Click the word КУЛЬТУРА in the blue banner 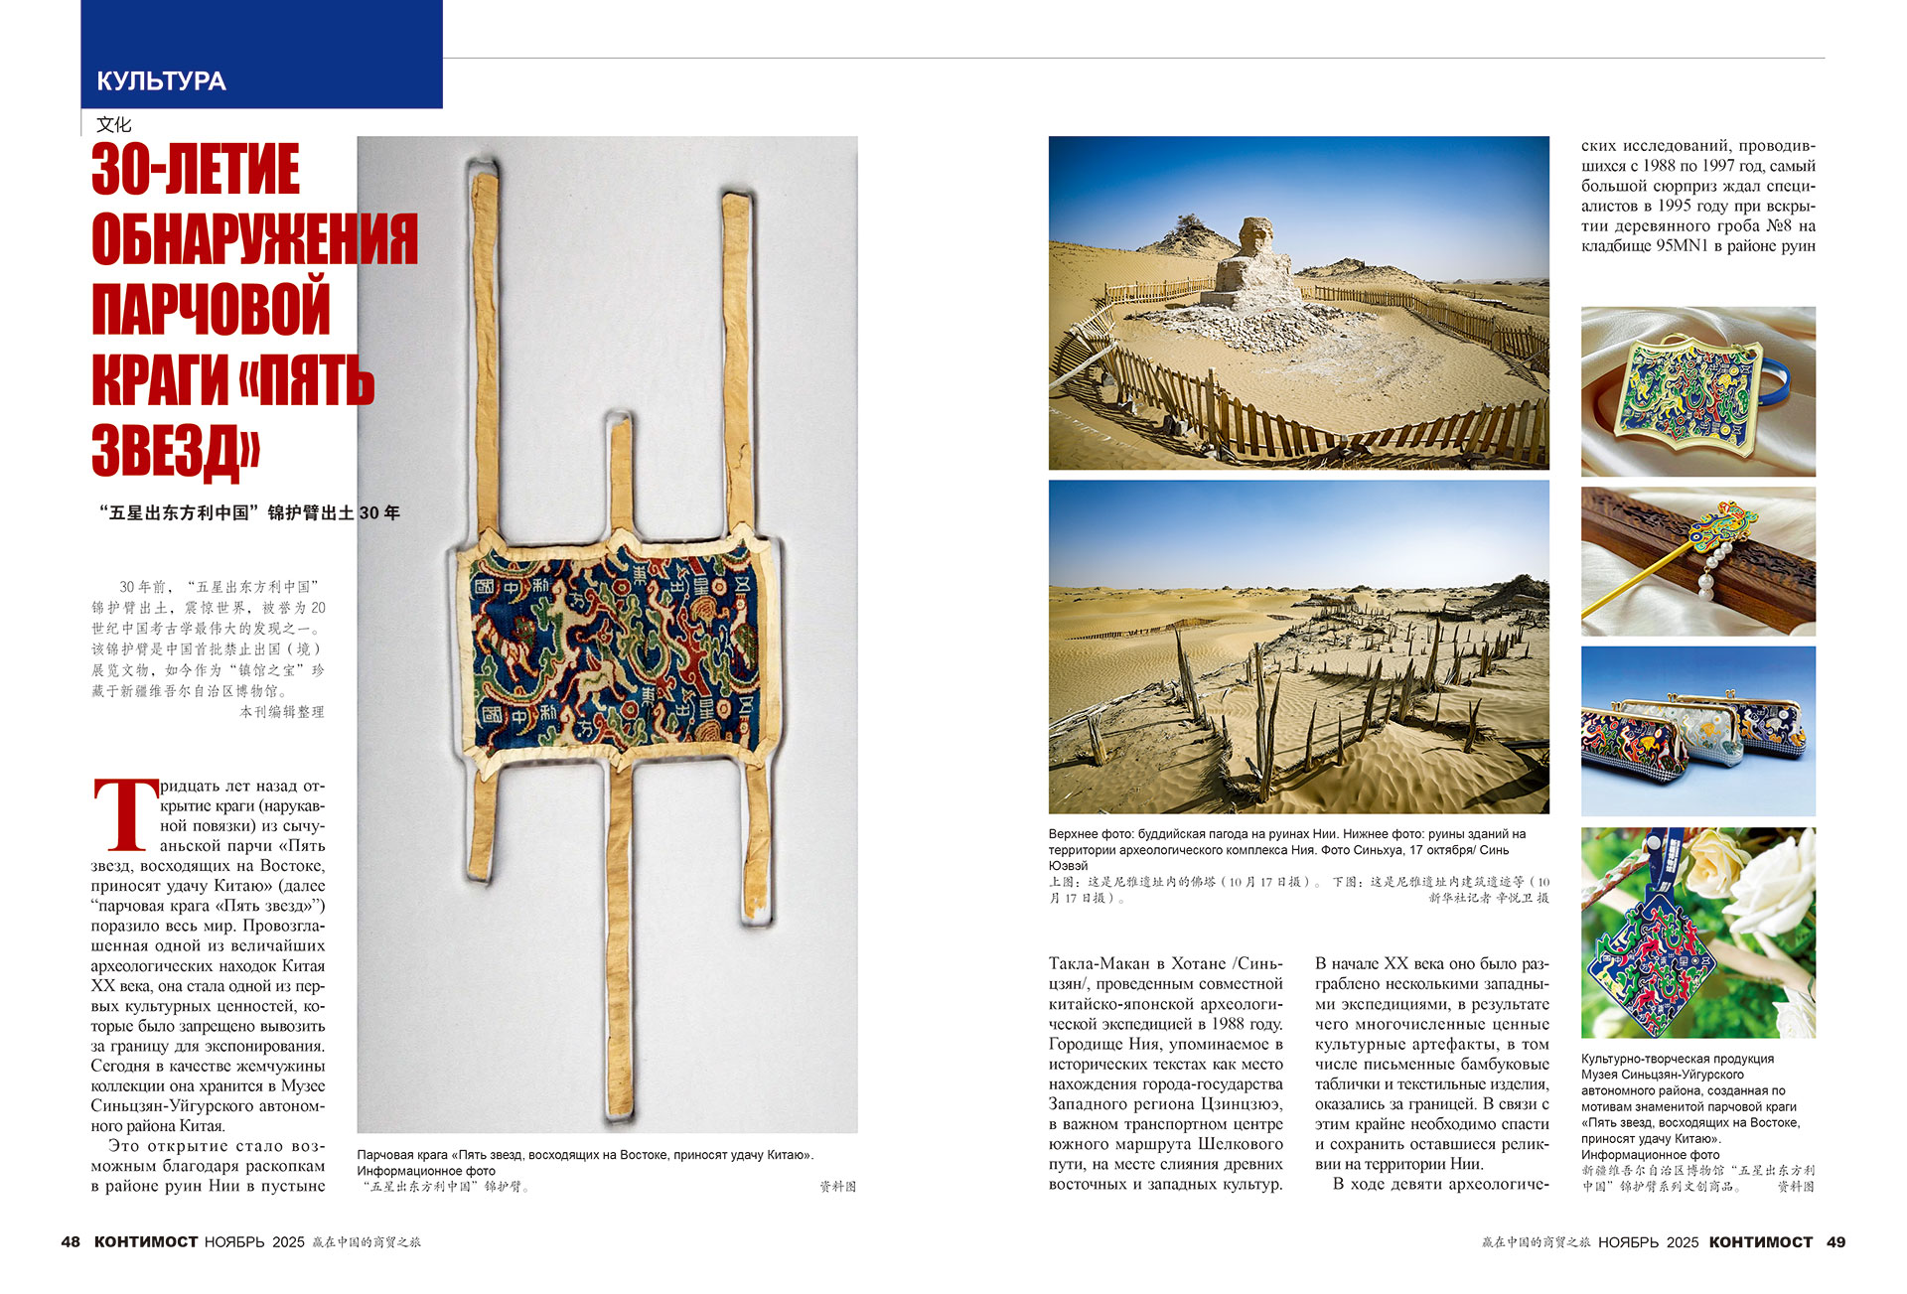(161, 81)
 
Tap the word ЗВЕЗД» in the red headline (176, 451)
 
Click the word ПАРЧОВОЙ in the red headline (211, 310)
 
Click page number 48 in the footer (71, 1242)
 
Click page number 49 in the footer (1835, 1242)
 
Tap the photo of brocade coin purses (1697, 731)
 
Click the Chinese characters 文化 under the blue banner (114, 124)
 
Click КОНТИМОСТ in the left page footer (146, 1242)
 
